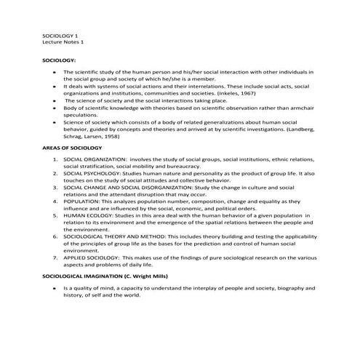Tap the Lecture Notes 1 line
[63, 42]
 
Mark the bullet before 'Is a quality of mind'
[55, 289]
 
